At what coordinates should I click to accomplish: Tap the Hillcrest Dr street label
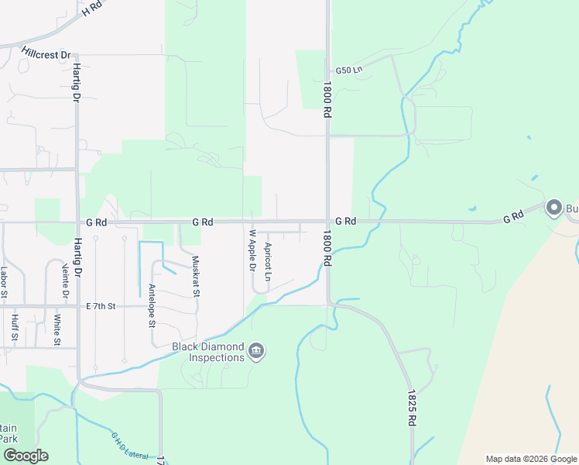click(x=46, y=56)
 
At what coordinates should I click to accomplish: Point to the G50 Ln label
click(x=349, y=71)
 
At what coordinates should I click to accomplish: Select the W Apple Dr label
click(x=252, y=250)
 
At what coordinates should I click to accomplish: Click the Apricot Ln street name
click(x=268, y=262)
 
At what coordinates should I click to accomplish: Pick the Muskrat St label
click(x=196, y=277)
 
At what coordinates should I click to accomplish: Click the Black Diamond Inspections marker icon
click(x=257, y=353)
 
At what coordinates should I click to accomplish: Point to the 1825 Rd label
click(x=411, y=408)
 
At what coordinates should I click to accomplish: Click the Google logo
click(x=26, y=456)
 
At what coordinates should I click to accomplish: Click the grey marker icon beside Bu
click(x=553, y=208)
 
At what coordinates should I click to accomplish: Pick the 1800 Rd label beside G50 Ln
click(x=328, y=98)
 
